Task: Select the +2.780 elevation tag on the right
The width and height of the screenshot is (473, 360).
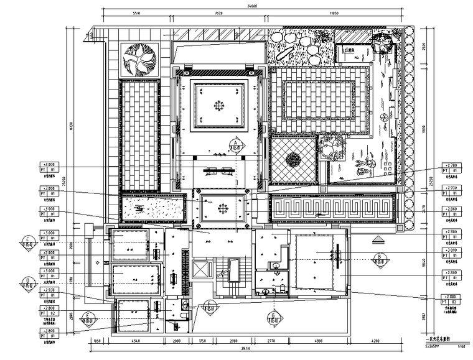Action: (451, 166)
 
